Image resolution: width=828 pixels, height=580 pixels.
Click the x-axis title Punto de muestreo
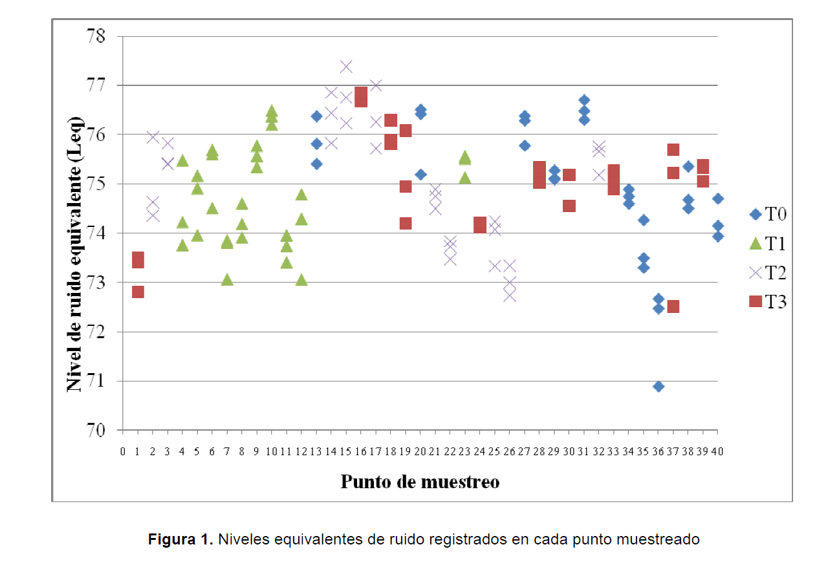tap(420, 482)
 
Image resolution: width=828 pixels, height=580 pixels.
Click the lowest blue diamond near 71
tap(659, 387)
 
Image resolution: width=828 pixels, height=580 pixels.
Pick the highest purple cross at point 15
tap(346, 67)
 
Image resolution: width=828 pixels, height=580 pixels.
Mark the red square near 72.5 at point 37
tap(673, 306)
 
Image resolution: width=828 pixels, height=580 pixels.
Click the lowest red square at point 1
tap(138, 292)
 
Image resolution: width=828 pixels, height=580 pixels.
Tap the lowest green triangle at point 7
tap(227, 279)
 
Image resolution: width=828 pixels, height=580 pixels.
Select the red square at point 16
tap(361, 97)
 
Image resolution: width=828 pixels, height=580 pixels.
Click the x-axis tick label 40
tap(717, 451)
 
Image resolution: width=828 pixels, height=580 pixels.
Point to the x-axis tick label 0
tap(123, 451)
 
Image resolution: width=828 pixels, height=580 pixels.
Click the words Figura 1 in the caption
tap(180, 539)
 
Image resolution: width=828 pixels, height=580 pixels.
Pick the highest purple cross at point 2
tap(153, 136)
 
